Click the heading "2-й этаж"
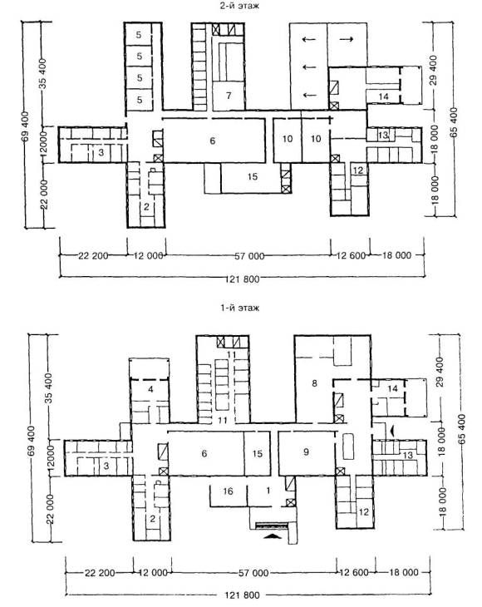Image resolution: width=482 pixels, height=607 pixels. point(239,6)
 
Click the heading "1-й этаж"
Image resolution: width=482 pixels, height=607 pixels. point(240,308)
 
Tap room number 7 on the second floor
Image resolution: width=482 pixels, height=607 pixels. point(229,96)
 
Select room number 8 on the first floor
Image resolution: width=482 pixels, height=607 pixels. point(314,383)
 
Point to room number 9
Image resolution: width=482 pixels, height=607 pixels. point(307,452)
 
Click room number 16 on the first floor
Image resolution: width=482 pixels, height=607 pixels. point(228,491)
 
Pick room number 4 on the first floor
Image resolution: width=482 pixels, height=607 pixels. point(151,389)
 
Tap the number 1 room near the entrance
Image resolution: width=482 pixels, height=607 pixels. point(268,491)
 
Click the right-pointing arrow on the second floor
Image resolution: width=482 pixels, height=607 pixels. point(347,39)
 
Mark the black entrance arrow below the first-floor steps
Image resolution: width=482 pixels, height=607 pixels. point(273,536)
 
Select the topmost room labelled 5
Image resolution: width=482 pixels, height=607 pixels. point(140,35)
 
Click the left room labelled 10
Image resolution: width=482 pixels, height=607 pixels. point(287,139)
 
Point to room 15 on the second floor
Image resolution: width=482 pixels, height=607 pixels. point(252,176)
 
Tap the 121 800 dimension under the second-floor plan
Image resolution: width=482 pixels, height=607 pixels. point(242,279)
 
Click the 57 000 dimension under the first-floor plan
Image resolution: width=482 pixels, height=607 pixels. point(253,572)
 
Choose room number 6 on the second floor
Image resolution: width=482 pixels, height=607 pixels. point(213,141)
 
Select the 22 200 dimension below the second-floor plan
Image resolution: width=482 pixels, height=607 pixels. point(93,256)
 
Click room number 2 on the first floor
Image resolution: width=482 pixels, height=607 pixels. point(152,519)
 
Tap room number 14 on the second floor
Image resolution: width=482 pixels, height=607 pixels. point(383,96)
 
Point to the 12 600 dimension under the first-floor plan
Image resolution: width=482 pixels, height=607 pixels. point(353,572)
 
